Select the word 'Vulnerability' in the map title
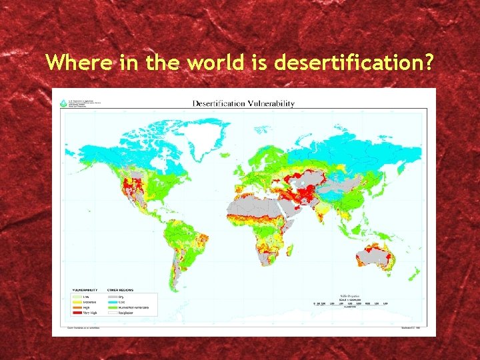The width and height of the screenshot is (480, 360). click(271, 104)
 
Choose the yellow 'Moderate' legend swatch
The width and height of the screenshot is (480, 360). click(75, 301)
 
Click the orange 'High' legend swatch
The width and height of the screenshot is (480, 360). click(75, 307)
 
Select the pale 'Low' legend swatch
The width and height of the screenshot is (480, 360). click(75, 297)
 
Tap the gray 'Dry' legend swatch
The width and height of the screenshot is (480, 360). click(112, 297)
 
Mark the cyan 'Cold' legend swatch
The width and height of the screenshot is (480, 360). click(112, 301)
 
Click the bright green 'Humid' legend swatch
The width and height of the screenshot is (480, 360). click(112, 307)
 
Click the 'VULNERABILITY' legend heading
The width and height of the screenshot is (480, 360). click(85, 291)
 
